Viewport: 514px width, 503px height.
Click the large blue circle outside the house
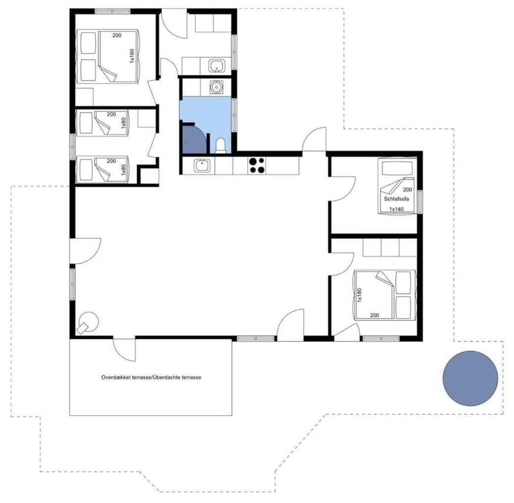470,378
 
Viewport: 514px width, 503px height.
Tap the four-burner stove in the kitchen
256,165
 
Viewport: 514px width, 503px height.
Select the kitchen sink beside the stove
202,166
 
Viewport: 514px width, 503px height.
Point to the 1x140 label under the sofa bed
396,209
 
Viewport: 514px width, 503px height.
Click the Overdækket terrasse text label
151,377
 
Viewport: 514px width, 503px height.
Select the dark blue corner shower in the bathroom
192,139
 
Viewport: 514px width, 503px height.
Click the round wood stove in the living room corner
88,322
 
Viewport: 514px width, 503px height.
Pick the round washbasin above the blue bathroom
216,87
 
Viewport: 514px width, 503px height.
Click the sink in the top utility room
216,66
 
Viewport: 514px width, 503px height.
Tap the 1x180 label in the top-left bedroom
132,56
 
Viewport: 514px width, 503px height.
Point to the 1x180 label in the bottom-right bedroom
360,295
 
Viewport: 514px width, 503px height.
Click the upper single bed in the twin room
103,124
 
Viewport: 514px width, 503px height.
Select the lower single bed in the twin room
103,169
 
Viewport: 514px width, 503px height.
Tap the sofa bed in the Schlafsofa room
396,185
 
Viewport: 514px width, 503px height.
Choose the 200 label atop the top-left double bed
117,35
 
